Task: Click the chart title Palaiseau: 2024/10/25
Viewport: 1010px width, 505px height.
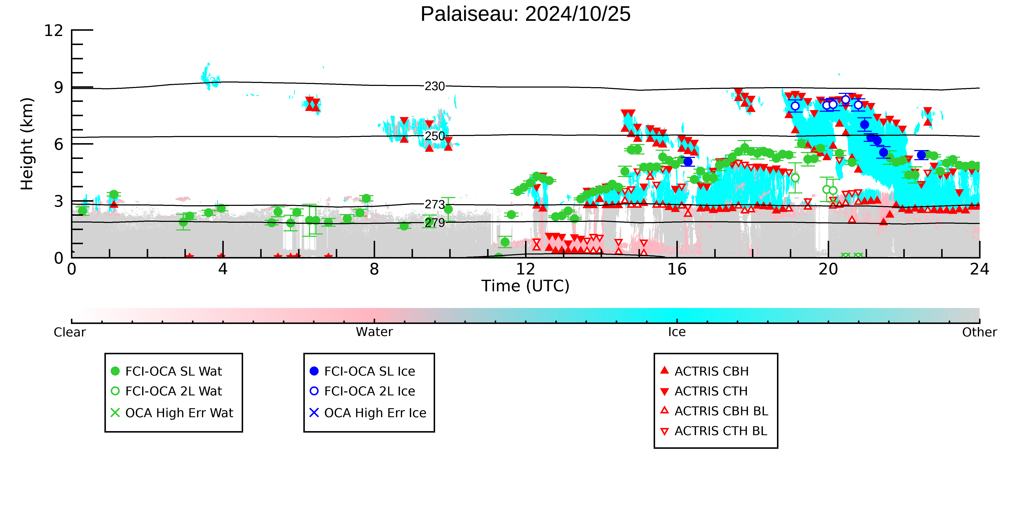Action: (x=525, y=14)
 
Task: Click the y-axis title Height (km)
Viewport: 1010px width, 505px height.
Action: (x=27, y=144)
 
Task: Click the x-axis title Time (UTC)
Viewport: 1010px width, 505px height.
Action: (x=525, y=286)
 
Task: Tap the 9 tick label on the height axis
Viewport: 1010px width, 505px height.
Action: (x=59, y=87)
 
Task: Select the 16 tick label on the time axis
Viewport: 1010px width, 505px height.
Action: (x=677, y=269)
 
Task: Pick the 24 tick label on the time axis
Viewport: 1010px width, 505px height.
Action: (x=979, y=269)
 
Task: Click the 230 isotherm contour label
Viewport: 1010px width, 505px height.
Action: (x=435, y=86)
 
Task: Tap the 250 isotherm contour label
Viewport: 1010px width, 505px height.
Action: (x=435, y=136)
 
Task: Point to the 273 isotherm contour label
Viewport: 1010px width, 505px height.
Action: (x=435, y=204)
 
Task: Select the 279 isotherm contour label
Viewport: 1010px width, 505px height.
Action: (x=435, y=223)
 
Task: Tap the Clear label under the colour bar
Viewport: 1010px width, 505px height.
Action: (x=70, y=332)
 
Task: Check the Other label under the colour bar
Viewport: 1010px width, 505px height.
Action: (x=979, y=332)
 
